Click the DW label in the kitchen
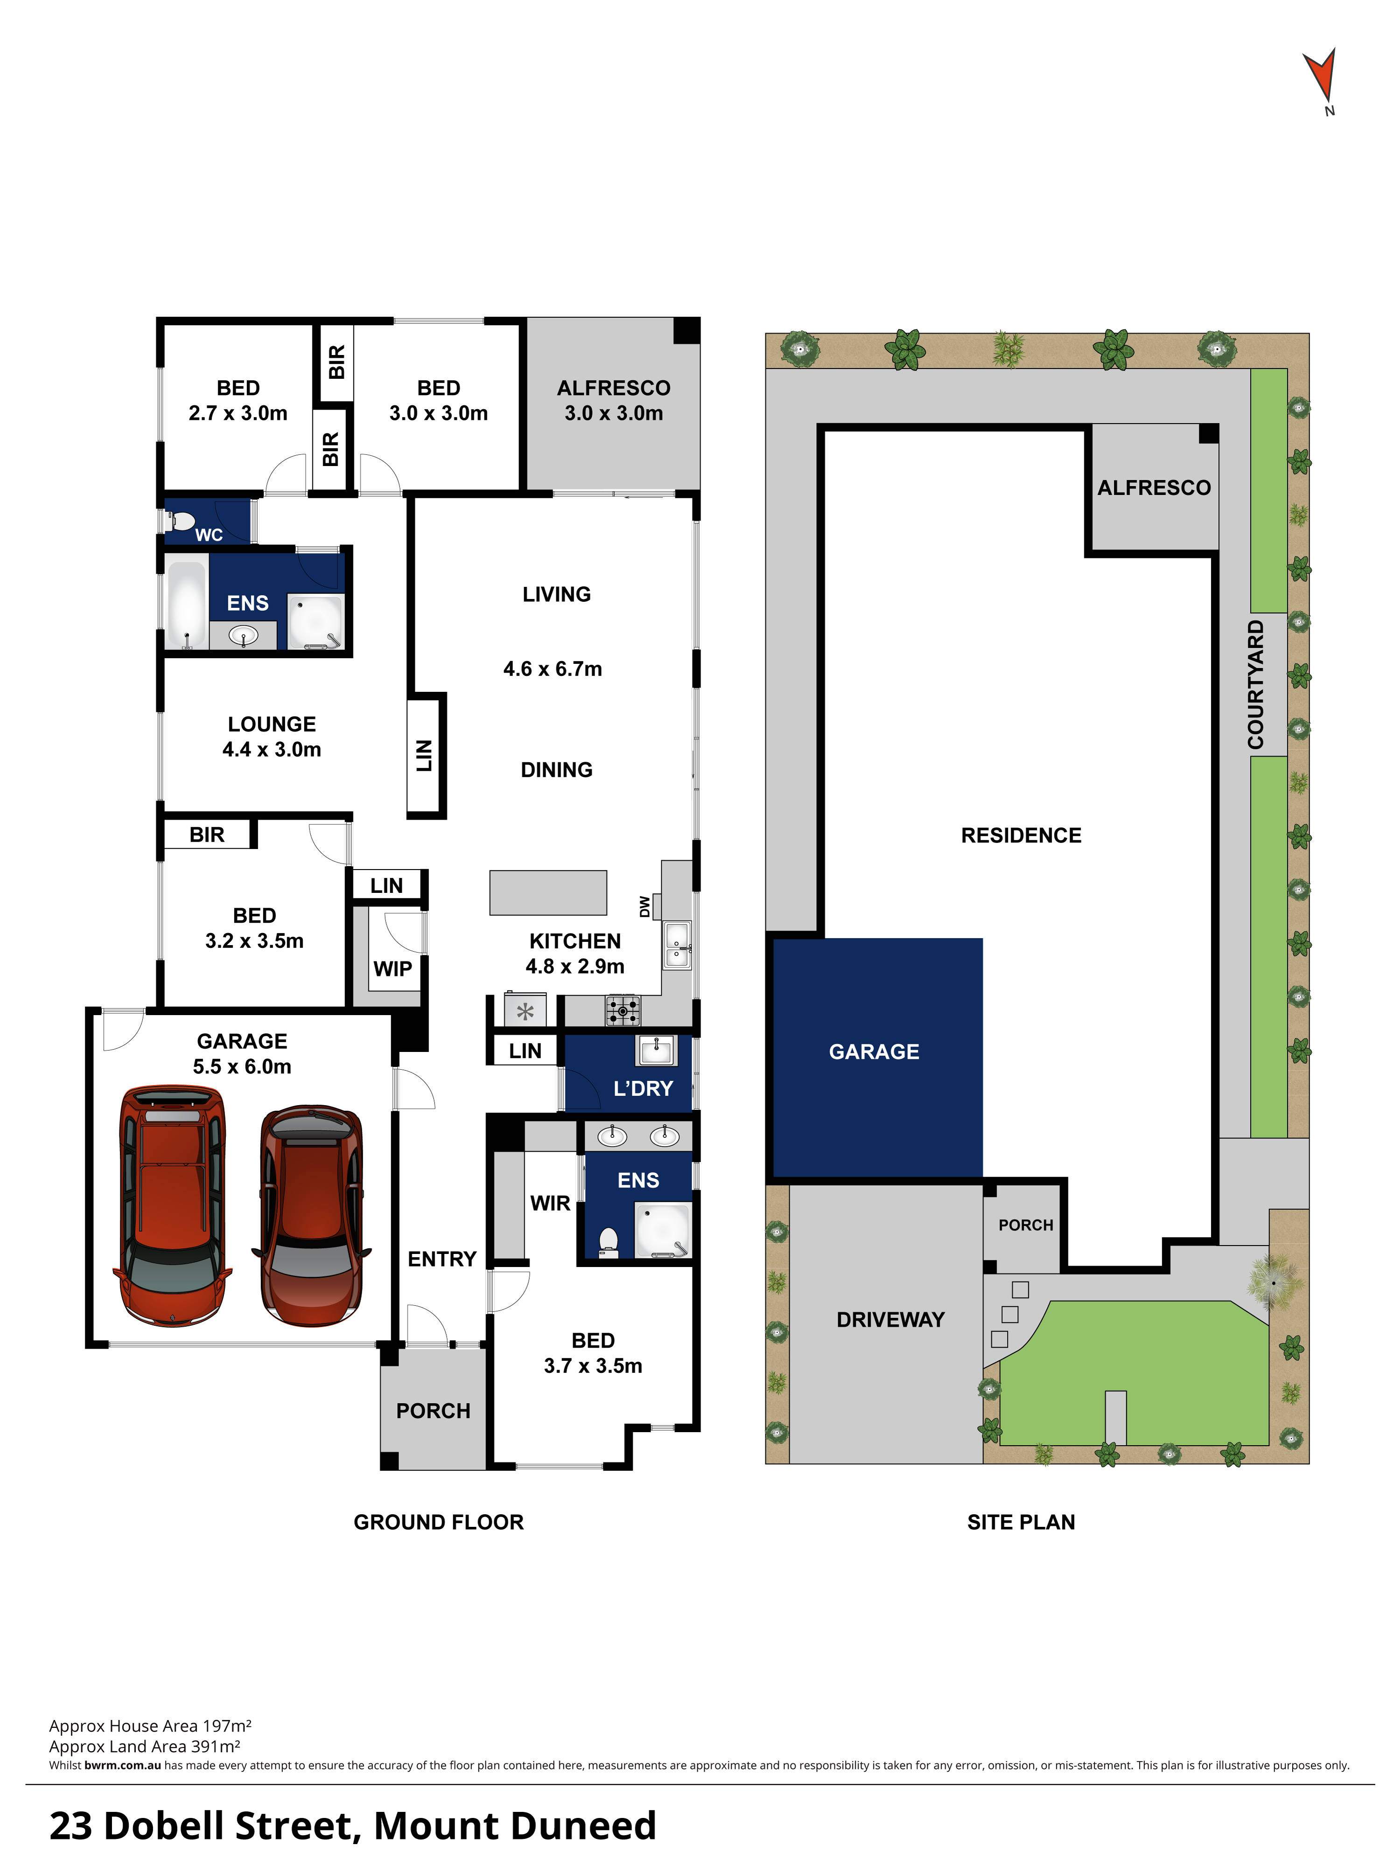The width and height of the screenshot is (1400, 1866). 645,907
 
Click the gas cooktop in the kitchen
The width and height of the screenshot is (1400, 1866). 623,1010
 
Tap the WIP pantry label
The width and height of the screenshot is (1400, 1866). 392,968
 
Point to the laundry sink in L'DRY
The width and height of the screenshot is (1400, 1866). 656,1051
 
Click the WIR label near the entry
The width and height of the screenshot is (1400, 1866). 550,1203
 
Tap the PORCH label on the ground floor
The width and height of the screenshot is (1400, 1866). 433,1411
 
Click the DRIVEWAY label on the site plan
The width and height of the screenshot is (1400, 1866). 890,1319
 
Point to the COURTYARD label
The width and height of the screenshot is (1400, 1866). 1256,684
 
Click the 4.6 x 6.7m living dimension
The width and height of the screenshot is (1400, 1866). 553,669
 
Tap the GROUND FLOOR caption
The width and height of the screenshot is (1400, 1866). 438,1522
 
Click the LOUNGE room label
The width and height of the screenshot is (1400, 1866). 272,724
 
